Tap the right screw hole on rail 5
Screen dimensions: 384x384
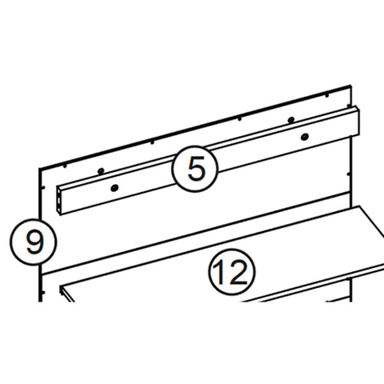coord(304,138)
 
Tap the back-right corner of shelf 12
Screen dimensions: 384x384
coord(365,206)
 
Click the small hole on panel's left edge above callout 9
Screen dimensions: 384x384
coord(42,189)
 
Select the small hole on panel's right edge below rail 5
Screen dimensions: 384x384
coord(350,170)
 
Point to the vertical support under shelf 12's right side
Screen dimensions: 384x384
coord(350,288)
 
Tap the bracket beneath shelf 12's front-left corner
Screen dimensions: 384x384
coord(69,298)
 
